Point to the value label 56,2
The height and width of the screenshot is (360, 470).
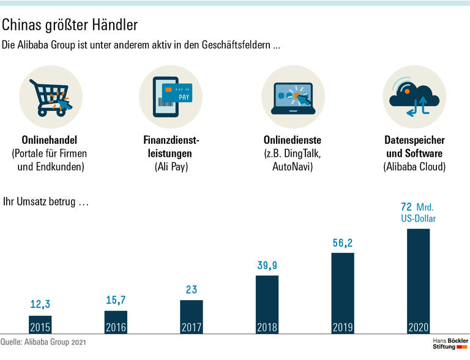click(x=343, y=243)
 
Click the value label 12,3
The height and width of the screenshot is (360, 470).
click(x=40, y=304)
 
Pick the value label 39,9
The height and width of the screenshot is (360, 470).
click(x=267, y=266)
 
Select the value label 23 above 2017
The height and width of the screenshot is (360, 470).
click(x=192, y=290)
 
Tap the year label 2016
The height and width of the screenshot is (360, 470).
click(x=116, y=328)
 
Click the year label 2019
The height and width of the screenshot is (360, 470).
click(x=343, y=328)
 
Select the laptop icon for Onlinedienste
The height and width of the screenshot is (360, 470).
click(x=293, y=97)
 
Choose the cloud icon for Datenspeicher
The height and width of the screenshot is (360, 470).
click(x=414, y=97)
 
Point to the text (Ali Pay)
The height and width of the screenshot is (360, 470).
click(x=172, y=166)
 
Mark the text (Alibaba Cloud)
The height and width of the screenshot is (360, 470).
click(x=414, y=166)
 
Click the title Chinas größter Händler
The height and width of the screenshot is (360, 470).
click(x=70, y=25)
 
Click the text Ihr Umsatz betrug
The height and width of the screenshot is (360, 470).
click(x=46, y=201)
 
